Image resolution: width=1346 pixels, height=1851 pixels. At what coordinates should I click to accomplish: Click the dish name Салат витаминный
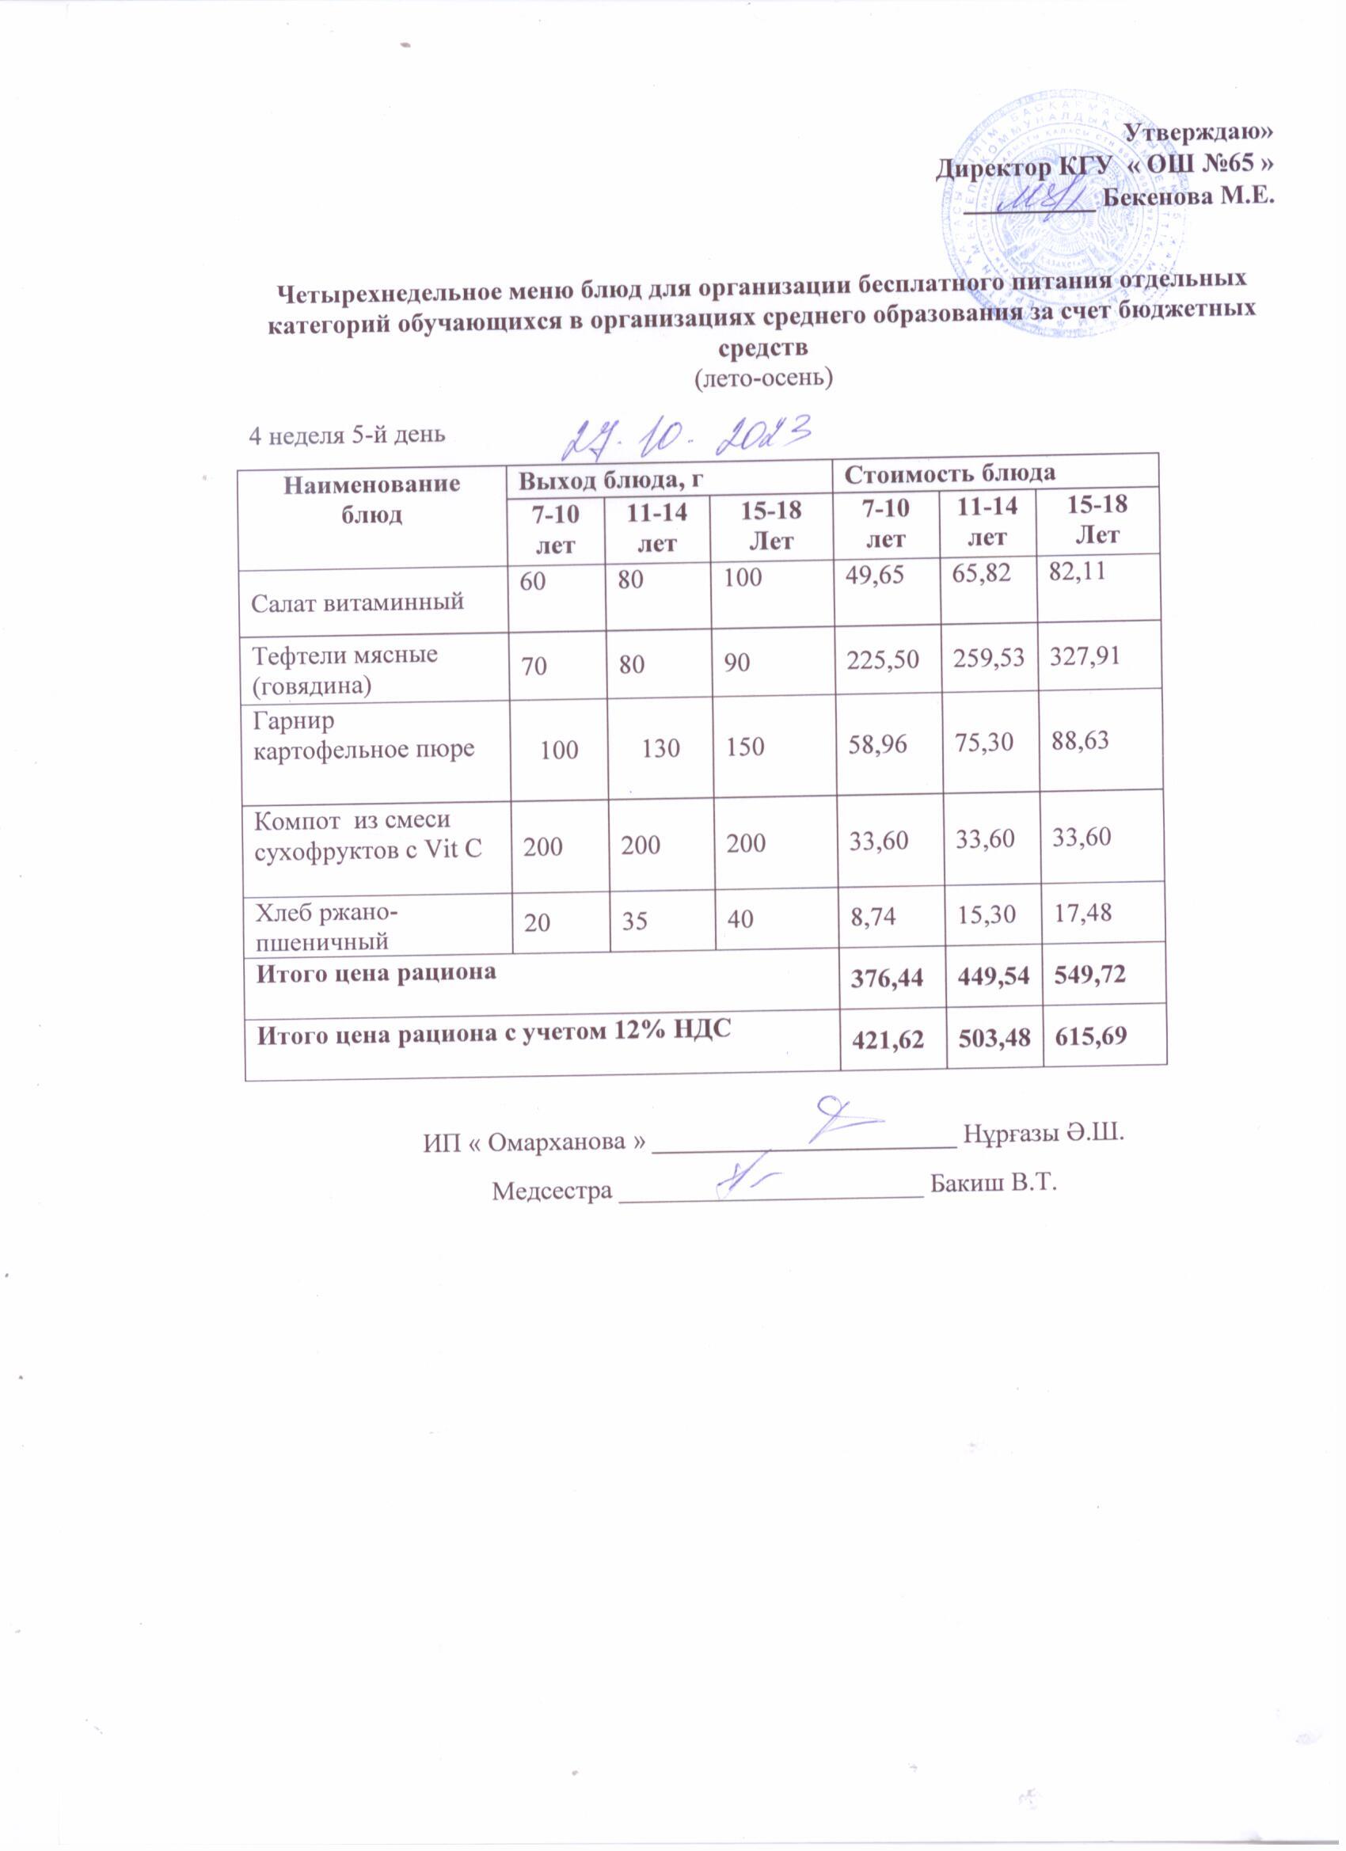click(x=358, y=602)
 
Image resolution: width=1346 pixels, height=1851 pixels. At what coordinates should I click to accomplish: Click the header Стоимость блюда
click(x=949, y=473)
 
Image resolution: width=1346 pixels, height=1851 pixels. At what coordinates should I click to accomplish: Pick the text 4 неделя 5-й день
click(x=347, y=434)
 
